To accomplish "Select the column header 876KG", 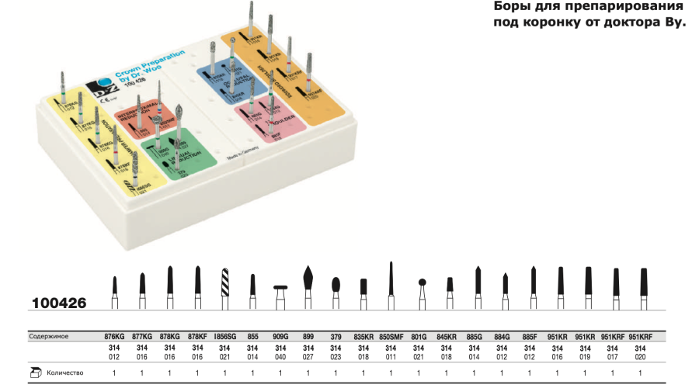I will [x=114, y=338].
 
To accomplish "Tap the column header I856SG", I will [x=226, y=338].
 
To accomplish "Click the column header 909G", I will [x=280, y=338].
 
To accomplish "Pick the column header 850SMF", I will [x=391, y=338].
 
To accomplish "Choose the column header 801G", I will [x=419, y=338].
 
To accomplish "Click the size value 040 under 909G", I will [x=280, y=358].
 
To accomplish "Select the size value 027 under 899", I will [x=308, y=358].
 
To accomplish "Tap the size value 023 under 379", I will [x=336, y=358].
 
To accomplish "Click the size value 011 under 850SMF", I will [x=391, y=358].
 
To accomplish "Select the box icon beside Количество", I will [x=36, y=373].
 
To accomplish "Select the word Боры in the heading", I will [x=513, y=7].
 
